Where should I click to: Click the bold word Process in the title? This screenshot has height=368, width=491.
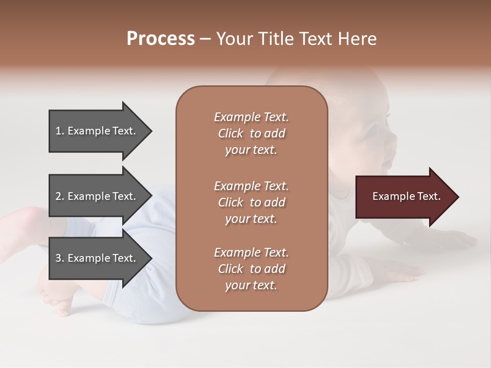161,39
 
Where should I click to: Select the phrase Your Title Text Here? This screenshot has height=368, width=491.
296,39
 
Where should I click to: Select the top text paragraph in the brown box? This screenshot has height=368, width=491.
251,133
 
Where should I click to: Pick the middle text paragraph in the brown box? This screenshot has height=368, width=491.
251,202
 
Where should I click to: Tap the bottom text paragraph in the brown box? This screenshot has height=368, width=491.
251,268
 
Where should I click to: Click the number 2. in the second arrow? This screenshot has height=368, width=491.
60,196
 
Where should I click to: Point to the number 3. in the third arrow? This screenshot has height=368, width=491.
60,258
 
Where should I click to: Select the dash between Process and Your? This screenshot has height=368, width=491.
205,39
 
